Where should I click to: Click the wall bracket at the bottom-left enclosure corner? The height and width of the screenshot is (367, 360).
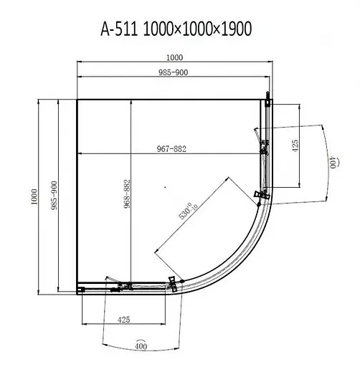[x=81, y=290]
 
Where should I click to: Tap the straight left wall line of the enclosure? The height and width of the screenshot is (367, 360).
[x=77, y=194]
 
